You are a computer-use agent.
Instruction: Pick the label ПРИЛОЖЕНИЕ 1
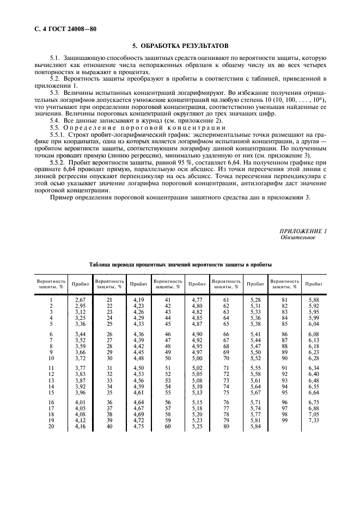tap(303, 232)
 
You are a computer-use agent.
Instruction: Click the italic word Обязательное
tap(297, 238)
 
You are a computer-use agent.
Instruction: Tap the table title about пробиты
tap(180, 264)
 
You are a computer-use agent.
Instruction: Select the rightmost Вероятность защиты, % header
tap(285, 283)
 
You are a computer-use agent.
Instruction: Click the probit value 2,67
tap(80, 300)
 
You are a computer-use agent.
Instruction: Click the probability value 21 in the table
tap(109, 300)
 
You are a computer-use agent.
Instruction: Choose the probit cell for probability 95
tap(313, 392)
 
